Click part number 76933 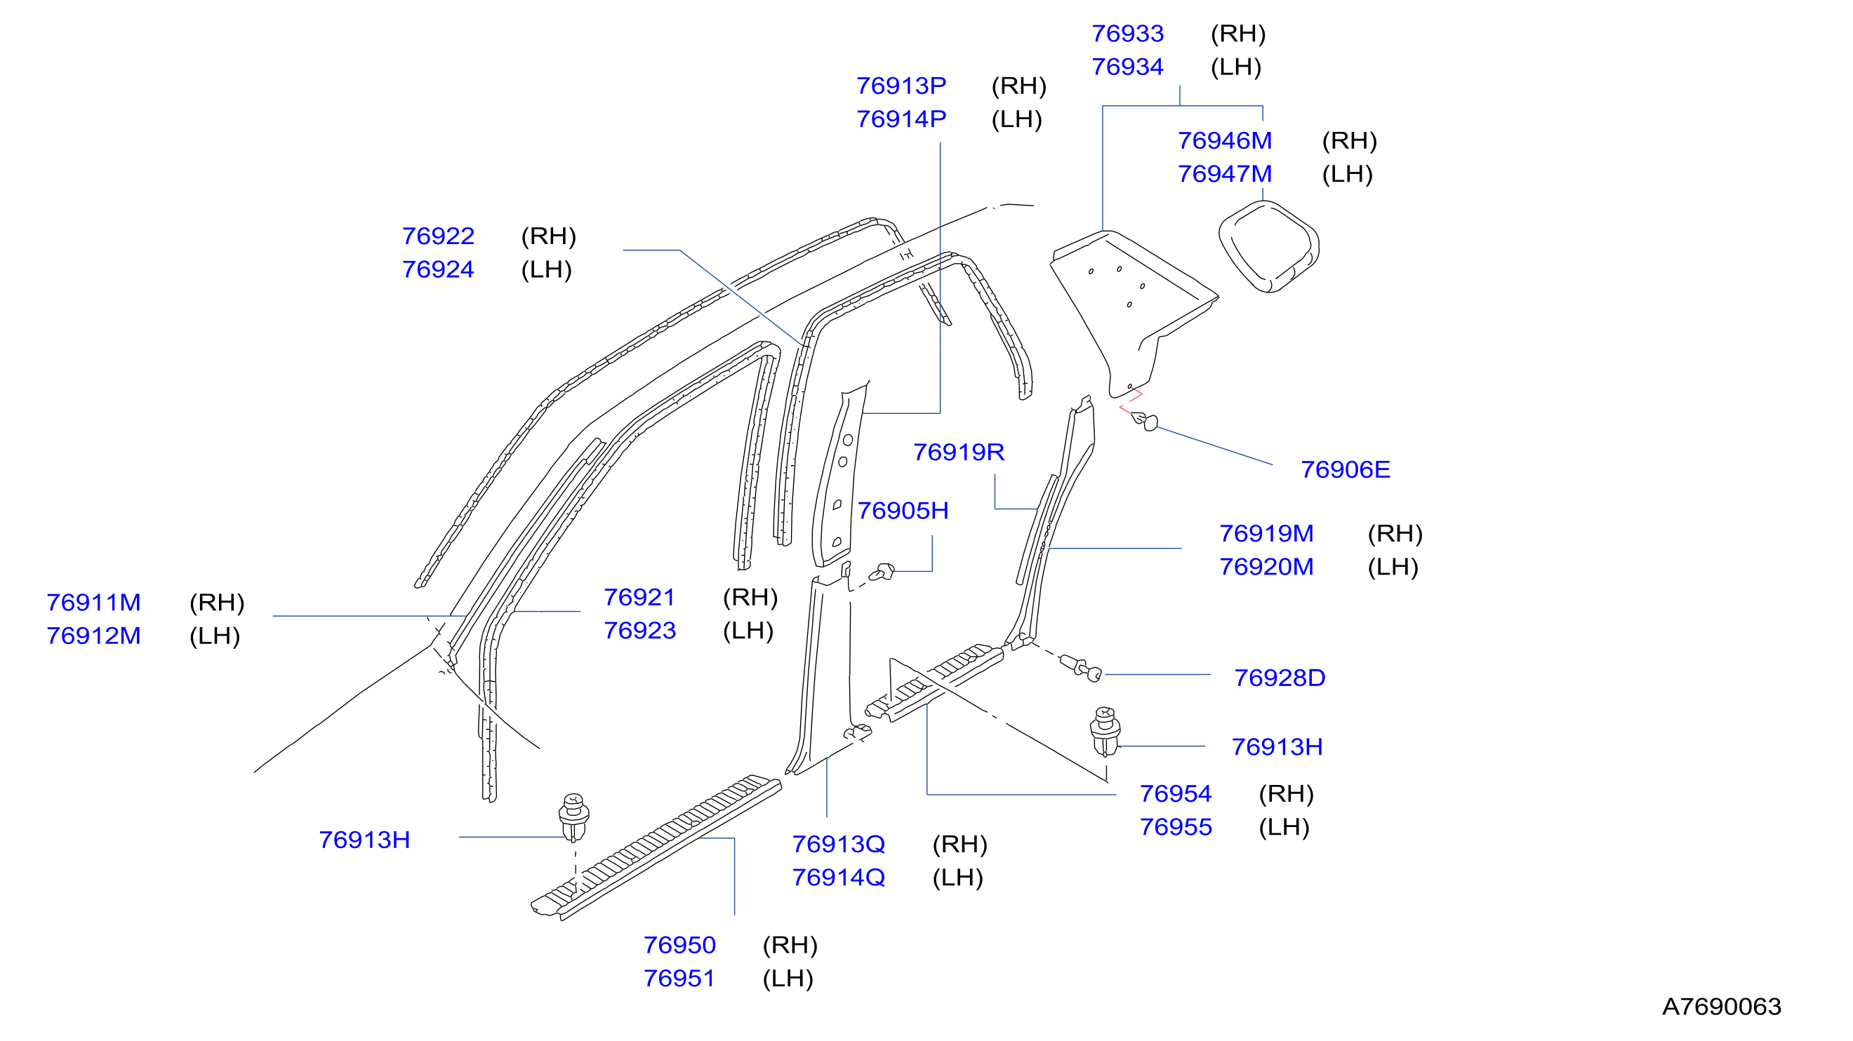point(1127,34)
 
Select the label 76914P point(901,119)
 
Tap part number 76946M point(1224,141)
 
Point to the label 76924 point(438,269)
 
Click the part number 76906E point(1345,470)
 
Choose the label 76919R point(958,452)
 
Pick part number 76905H point(903,511)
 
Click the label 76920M point(1266,567)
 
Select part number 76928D point(1279,678)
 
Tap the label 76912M point(93,636)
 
